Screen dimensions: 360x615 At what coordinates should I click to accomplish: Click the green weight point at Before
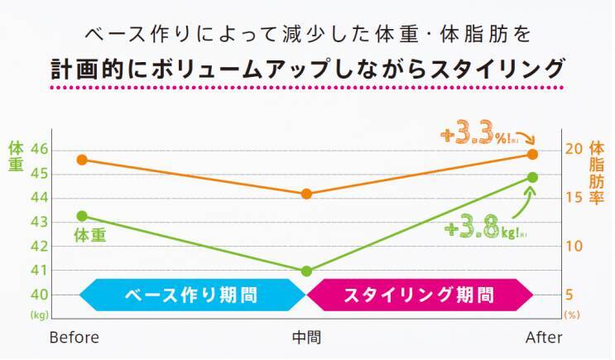[x=82, y=216]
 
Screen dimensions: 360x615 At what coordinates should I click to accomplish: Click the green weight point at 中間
[x=306, y=271]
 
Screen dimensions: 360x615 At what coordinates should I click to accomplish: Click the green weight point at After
[x=533, y=177]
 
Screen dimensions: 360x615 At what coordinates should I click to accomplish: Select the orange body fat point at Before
[x=82, y=160]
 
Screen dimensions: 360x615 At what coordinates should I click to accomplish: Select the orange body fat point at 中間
[x=306, y=194]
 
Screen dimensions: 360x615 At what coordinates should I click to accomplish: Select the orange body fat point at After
[x=533, y=154]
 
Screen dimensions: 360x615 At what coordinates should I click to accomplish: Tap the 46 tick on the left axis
[x=40, y=150]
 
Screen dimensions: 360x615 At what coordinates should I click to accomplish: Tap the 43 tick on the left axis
[x=40, y=223]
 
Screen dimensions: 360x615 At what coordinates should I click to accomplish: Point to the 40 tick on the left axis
[x=40, y=295]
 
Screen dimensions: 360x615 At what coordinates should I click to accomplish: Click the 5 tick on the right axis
[x=571, y=295]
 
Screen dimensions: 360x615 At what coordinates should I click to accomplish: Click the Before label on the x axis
[x=74, y=338]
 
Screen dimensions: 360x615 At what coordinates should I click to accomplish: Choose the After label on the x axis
[x=544, y=338]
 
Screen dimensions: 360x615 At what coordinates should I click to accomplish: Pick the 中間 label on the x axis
[x=306, y=338]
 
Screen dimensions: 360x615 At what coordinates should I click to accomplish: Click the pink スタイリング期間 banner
[x=419, y=295]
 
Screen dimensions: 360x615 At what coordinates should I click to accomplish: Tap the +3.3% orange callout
[x=477, y=135]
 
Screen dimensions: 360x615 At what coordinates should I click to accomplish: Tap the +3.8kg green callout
[x=484, y=229]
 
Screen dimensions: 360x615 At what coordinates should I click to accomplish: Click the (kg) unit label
[x=40, y=315]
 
